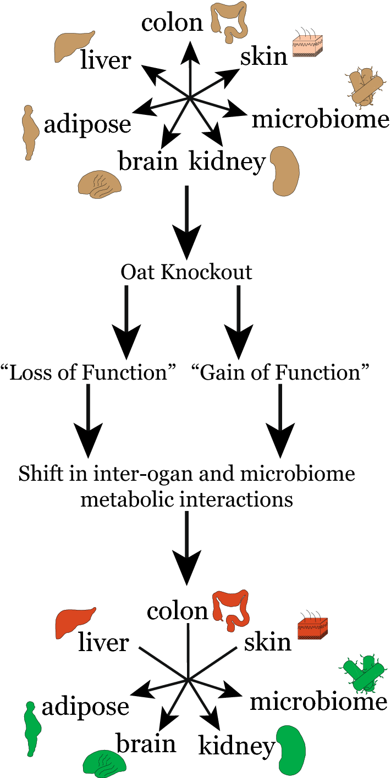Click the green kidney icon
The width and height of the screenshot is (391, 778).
[x=290, y=749]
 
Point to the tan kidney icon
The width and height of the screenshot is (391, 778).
[x=286, y=169]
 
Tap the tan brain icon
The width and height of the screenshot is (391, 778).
[x=99, y=183]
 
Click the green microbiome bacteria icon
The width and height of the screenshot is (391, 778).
[x=362, y=673]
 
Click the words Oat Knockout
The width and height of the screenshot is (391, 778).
[x=186, y=272]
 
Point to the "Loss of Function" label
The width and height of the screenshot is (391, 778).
[x=89, y=373]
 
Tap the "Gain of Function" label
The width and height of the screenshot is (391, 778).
[x=279, y=373]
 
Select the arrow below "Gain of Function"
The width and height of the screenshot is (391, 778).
[x=280, y=423]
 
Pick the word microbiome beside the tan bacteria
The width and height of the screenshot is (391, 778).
[x=320, y=119]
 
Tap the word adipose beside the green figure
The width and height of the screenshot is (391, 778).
[x=85, y=707]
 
